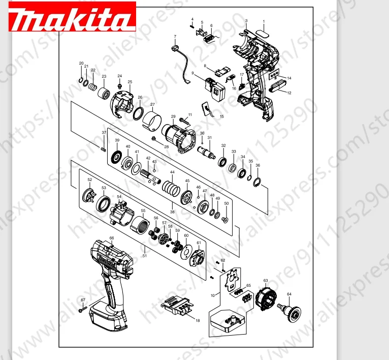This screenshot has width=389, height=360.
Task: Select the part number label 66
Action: [x=112, y=238]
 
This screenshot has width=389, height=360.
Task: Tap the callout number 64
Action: [x=289, y=294]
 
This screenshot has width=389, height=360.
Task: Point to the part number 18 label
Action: [x=198, y=321]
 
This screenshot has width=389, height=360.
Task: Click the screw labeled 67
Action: [x=82, y=308]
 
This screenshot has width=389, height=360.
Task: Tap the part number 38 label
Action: [x=172, y=212]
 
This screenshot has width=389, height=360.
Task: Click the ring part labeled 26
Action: [x=139, y=112]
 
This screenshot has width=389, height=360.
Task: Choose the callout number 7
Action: [x=175, y=37]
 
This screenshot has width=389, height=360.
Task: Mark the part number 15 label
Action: [x=221, y=116]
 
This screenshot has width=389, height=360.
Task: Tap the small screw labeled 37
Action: [x=104, y=148]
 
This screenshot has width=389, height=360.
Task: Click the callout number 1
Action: [x=264, y=21]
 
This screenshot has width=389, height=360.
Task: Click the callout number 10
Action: [x=212, y=295]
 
